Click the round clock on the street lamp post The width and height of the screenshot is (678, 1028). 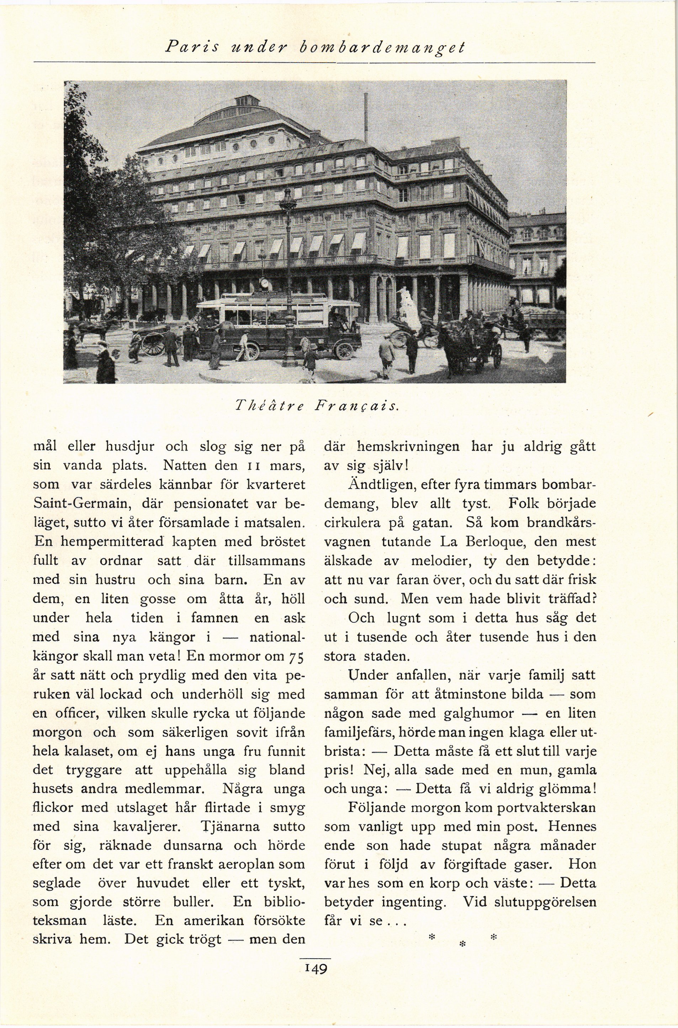[x=265, y=283]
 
